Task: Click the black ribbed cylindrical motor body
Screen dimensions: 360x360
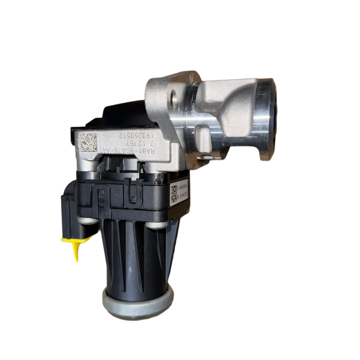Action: click(x=135, y=256)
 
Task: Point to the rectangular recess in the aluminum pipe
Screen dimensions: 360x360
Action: click(x=205, y=135)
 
